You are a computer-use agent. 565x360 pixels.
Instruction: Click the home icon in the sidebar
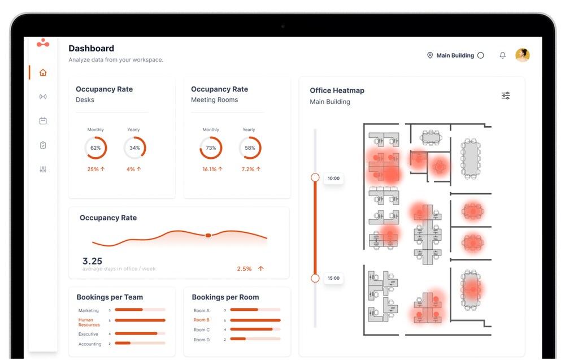pos(43,72)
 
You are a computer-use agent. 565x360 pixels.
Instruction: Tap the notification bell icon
pos(502,55)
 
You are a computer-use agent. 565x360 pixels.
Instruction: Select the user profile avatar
pos(522,55)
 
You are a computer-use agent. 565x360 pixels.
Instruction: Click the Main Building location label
pos(455,55)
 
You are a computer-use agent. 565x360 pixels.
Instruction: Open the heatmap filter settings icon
pos(506,96)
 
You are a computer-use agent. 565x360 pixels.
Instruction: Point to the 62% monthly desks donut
pos(95,148)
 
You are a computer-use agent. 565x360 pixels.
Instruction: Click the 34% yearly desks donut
pos(134,148)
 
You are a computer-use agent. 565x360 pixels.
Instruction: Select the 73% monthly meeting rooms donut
pos(211,148)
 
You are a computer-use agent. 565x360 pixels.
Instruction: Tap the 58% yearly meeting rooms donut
pos(250,148)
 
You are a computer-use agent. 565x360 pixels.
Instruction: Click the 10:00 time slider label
pos(333,179)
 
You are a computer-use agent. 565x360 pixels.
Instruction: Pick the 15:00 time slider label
pos(333,278)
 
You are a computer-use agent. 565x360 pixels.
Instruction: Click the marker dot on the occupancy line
pos(208,235)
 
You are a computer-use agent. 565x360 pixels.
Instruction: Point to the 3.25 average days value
pos(92,261)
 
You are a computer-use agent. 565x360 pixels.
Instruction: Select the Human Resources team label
pos(89,323)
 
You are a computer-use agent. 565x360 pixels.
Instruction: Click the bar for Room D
pos(238,339)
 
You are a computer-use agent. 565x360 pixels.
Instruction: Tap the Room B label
pos(201,320)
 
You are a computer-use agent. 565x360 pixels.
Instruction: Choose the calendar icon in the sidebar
pos(43,121)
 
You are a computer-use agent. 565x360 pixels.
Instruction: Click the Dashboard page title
pos(91,49)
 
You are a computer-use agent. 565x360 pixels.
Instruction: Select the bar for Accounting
pos(123,343)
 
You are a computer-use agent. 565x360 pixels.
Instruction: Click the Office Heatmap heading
pos(337,90)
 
